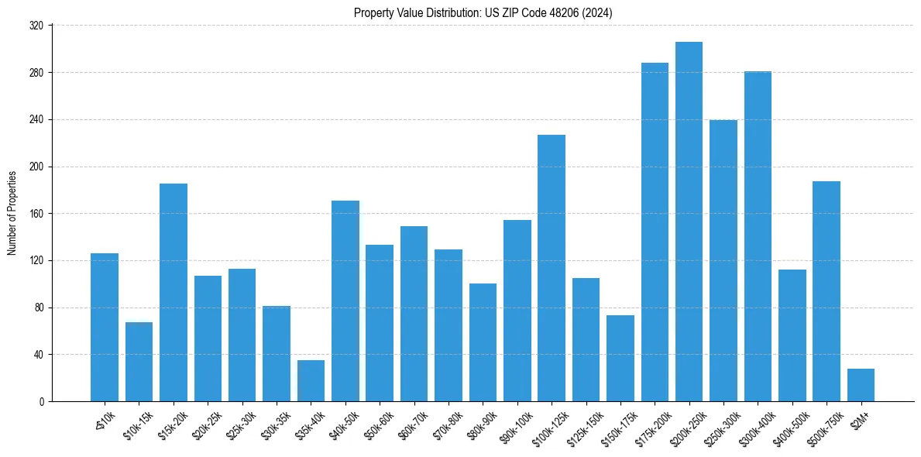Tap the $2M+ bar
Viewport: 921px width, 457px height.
pos(861,385)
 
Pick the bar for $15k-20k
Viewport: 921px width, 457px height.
pos(174,292)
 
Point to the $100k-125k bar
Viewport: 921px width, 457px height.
pos(552,268)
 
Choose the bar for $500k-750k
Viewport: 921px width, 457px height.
pos(826,291)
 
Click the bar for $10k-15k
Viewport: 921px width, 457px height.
pos(139,362)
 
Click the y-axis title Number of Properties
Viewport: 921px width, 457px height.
pos(12,214)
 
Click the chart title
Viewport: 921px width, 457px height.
pos(483,12)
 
